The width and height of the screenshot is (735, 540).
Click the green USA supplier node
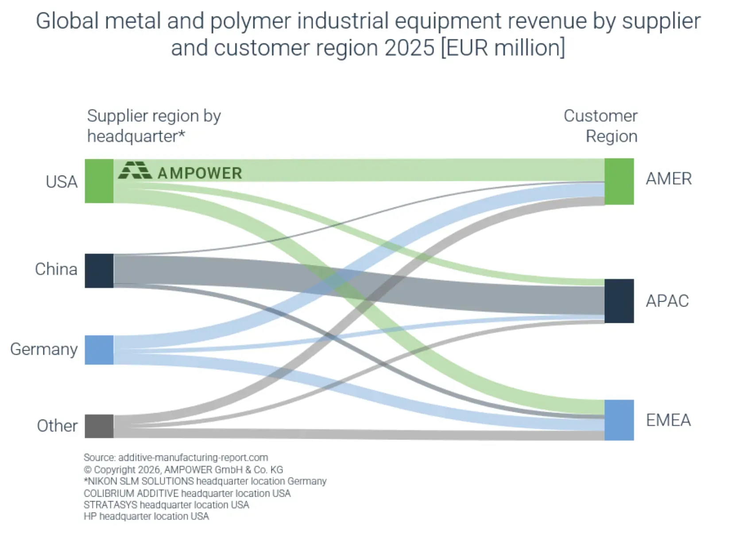(x=99, y=181)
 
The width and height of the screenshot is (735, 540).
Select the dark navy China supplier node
(x=99, y=271)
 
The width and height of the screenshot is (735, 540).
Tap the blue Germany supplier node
(x=99, y=350)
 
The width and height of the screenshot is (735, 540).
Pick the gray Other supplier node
(x=99, y=426)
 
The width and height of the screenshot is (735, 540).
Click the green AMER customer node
(x=619, y=181)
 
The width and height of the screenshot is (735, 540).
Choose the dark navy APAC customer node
(x=619, y=301)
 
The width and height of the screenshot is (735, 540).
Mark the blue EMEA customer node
(x=619, y=420)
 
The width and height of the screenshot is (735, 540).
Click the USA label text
(x=62, y=182)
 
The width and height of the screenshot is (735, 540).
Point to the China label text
(x=56, y=269)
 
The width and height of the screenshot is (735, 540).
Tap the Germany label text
(x=44, y=349)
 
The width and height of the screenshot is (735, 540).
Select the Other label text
(x=57, y=426)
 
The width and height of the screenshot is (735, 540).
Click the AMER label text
(x=669, y=179)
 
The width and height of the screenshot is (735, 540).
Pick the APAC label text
(x=667, y=301)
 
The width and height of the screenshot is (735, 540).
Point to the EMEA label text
(x=668, y=420)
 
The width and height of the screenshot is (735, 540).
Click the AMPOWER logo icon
(x=135, y=170)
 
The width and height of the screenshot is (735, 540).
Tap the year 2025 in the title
(x=410, y=48)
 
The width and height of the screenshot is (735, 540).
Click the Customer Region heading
(x=601, y=126)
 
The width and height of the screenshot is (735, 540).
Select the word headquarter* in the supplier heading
(x=136, y=136)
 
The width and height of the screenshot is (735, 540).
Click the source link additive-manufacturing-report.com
(x=193, y=457)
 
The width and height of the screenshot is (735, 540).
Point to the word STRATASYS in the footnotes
(x=110, y=505)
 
